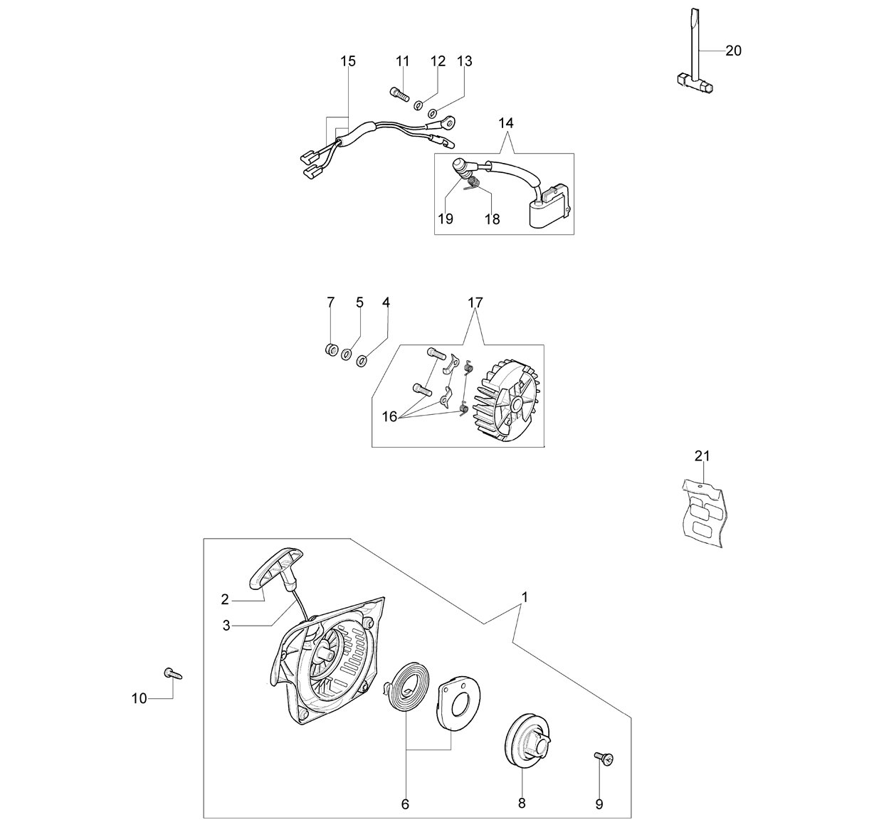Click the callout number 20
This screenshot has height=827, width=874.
[x=734, y=51]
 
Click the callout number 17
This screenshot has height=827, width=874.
[x=475, y=303]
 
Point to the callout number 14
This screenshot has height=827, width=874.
[x=506, y=123]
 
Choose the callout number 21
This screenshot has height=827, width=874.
[x=702, y=456]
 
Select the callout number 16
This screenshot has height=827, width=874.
[x=389, y=417]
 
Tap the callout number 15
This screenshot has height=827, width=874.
[x=348, y=61]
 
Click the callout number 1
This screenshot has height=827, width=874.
[x=525, y=598]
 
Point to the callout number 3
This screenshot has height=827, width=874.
[x=226, y=626]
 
